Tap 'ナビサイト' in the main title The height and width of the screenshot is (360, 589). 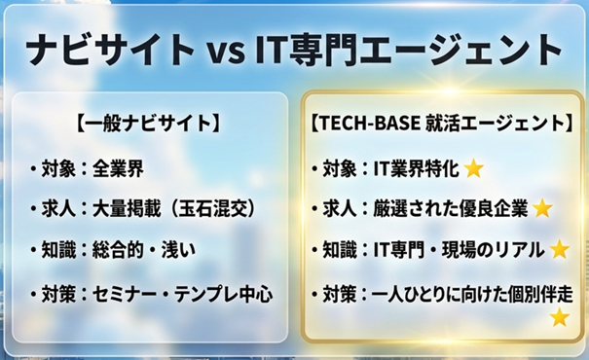[x=110, y=50]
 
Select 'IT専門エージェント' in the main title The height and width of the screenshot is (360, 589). [x=408, y=50]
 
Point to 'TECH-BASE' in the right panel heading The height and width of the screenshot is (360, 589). [x=369, y=124]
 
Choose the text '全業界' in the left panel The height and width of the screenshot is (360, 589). [x=118, y=168]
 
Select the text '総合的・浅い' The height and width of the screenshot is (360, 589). [x=144, y=250]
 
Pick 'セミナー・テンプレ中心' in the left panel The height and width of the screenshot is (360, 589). [x=183, y=294]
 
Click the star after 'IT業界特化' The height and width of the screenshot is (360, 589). [x=474, y=168]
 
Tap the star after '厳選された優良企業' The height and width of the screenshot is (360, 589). [x=542, y=208]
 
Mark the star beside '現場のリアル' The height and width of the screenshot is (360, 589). [x=560, y=249]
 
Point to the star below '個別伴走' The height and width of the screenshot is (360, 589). [x=560, y=317]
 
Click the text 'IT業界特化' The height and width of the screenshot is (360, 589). [x=416, y=168]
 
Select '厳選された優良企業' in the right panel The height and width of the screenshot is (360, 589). [x=450, y=209]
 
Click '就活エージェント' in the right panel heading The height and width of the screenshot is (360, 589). [x=496, y=124]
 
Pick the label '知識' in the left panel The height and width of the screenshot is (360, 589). [x=58, y=250]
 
